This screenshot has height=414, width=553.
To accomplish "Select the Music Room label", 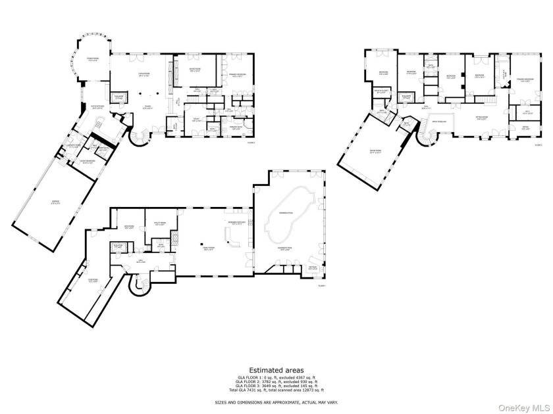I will pyautogui.click(x=195, y=70).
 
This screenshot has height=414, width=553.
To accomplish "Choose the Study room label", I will pyautogui.click(x=196, y=120).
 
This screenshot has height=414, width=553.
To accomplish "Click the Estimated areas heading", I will pyautogui.click(x=276, y=369).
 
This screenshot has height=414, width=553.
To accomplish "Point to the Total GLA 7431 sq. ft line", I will pyautogui.click(x=276, y=390).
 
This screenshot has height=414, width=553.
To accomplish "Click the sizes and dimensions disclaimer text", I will pyautogui.click(x=276, y=402).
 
